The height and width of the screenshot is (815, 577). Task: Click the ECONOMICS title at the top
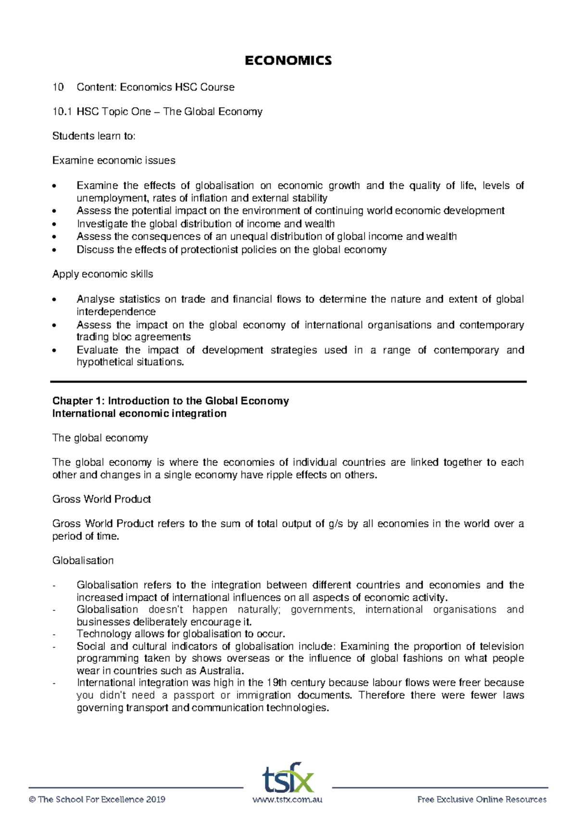[288, 61]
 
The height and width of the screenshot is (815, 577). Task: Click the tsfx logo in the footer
[288, 778]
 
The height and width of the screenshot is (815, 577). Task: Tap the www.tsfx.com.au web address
[288, 800]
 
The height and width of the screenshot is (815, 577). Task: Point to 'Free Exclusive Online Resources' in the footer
[482, 800]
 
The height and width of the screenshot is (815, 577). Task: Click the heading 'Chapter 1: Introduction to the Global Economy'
[170, 401]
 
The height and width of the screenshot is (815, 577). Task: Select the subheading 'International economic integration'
[139, 413]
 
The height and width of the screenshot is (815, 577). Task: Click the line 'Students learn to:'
[94, 136]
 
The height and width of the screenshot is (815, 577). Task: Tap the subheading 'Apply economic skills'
[102, 274]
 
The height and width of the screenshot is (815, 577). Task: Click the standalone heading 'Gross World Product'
[101, 499]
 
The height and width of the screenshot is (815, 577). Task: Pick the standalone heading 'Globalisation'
[83, 560]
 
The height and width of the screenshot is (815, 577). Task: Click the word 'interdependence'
[116, 311]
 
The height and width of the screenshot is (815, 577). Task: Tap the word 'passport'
[194, 695]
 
